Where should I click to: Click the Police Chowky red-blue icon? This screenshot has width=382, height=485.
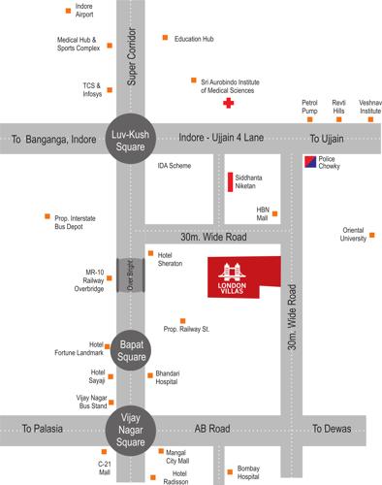307,160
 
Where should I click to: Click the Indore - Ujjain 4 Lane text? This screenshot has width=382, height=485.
225,138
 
